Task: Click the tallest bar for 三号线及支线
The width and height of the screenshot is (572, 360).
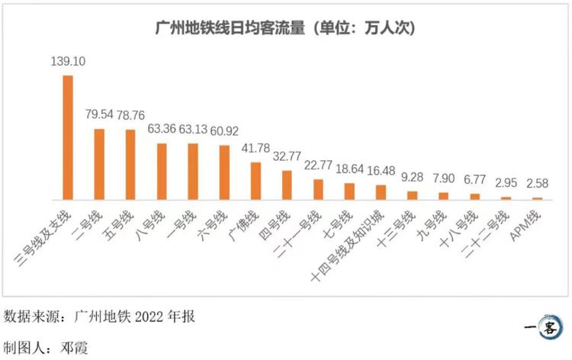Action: (x=68, y=137)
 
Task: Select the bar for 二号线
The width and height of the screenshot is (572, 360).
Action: (x=99, y=164)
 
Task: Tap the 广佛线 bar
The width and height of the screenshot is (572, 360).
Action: (x=255, y=181)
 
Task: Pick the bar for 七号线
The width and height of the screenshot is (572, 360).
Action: (x=349, y=191)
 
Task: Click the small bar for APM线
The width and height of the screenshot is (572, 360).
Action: (x=538, y=199)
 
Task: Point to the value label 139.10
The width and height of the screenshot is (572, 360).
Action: (x=68, y=61)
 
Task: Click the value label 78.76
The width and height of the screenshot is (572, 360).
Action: (x=130, y=115)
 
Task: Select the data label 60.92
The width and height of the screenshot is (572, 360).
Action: (x=224, y=131)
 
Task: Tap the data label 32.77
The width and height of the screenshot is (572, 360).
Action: (x=287, y=156)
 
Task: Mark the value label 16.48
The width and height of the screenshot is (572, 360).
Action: (x=381, y=171)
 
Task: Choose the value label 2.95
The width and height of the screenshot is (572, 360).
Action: (x=506, y=183)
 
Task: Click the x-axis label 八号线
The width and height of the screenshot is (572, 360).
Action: (x=150, y=226)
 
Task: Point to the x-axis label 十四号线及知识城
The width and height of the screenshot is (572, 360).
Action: (x=347, y=246)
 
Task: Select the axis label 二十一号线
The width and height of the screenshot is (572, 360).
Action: (x=297, y=233)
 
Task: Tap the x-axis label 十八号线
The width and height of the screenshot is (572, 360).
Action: (x=458, y=229)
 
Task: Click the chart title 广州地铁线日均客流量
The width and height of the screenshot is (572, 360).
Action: (x=230, y=28)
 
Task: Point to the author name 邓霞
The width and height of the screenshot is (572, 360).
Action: (x=74, y=348)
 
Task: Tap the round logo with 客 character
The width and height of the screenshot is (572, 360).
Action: (x=548, y=327)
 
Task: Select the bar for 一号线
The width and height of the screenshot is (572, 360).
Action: (x=193, y=172)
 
